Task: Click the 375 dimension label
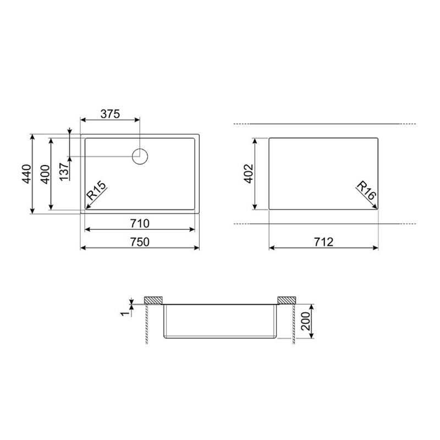(x=111, y=114)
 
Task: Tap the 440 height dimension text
(x=27, y=174)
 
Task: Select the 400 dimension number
(x=46, y=174)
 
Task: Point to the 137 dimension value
(x=64, y=172)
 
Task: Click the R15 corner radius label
(x=97, y=190)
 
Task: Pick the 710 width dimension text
(x=140, y=223)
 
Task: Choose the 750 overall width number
(x=140, y=242)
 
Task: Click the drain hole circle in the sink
(x=140, y=156)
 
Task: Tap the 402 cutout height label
(x=249, y=174)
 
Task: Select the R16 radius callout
(x=366, y=190)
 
